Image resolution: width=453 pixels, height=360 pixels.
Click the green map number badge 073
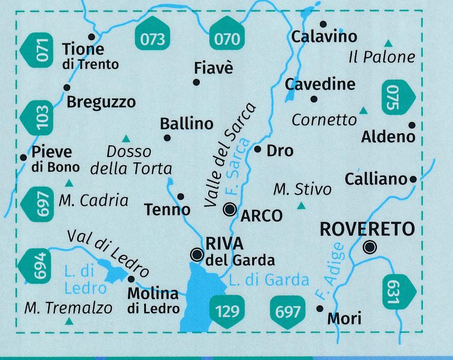(154, 39)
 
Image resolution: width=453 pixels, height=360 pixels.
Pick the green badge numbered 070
(228, 39)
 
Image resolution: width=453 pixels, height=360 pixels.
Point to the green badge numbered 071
(39, 50)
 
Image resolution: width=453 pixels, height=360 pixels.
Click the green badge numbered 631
(396, 291)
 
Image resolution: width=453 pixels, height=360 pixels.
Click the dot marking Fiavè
(196, 82)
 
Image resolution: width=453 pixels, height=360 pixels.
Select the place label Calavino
(324, 37)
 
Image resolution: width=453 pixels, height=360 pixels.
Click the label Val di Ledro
(108, 252)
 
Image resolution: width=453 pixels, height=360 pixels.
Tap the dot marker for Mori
(319, 309)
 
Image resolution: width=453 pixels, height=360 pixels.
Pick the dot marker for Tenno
(180, 197)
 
